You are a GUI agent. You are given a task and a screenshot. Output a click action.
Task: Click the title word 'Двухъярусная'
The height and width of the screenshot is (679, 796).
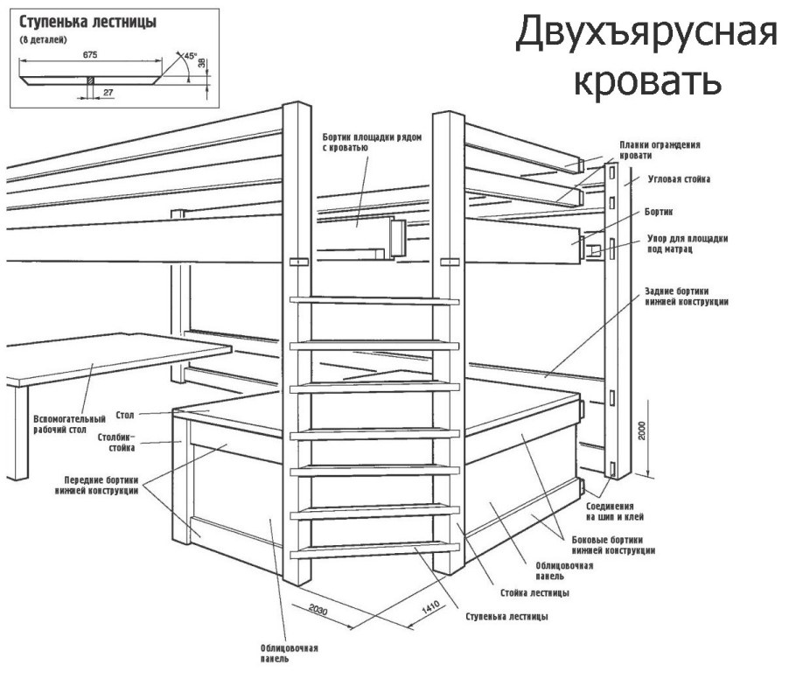pyautogui.click(x=646, y=34)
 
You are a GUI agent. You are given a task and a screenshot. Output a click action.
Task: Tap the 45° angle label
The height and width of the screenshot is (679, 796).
pyautogui.click(x=191, y=55)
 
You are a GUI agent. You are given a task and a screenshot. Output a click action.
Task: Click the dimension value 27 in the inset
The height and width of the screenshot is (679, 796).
pyautogui.click(x=108, y=91)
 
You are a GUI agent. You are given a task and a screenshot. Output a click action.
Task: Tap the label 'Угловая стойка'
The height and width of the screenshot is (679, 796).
pyautogui.click(x=679, y=179)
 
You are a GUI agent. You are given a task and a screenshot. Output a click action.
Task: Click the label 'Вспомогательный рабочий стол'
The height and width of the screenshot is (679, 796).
pyautogui.click(x=69, y=424)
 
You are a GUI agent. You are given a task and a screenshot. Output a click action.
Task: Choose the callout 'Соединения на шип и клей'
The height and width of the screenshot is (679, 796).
pyautogui.click(x=618, y=513)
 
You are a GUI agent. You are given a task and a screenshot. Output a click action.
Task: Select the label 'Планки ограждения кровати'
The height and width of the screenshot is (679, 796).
pyautogui.click(x=660, y=150)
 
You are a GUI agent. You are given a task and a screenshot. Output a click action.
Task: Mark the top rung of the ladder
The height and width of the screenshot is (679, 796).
pyautogui.click(x=374, y=300)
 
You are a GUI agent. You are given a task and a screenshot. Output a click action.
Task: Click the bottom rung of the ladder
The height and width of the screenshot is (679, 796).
pyautogui.click(x=374, y=550)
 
